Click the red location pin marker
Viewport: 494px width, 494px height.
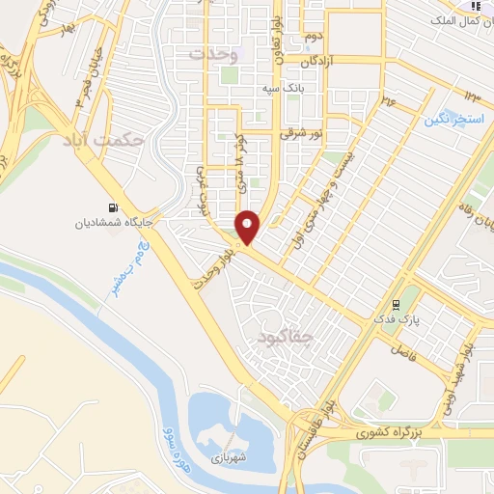point(248,228)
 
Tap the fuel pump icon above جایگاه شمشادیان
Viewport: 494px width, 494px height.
point(116,206)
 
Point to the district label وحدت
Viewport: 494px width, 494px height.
point(212,54)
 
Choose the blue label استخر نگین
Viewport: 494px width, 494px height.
point(450,120)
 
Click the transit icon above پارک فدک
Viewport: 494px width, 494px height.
point(394,301)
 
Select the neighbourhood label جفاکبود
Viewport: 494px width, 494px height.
point(287,337)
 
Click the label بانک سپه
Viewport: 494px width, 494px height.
point(284,89)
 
